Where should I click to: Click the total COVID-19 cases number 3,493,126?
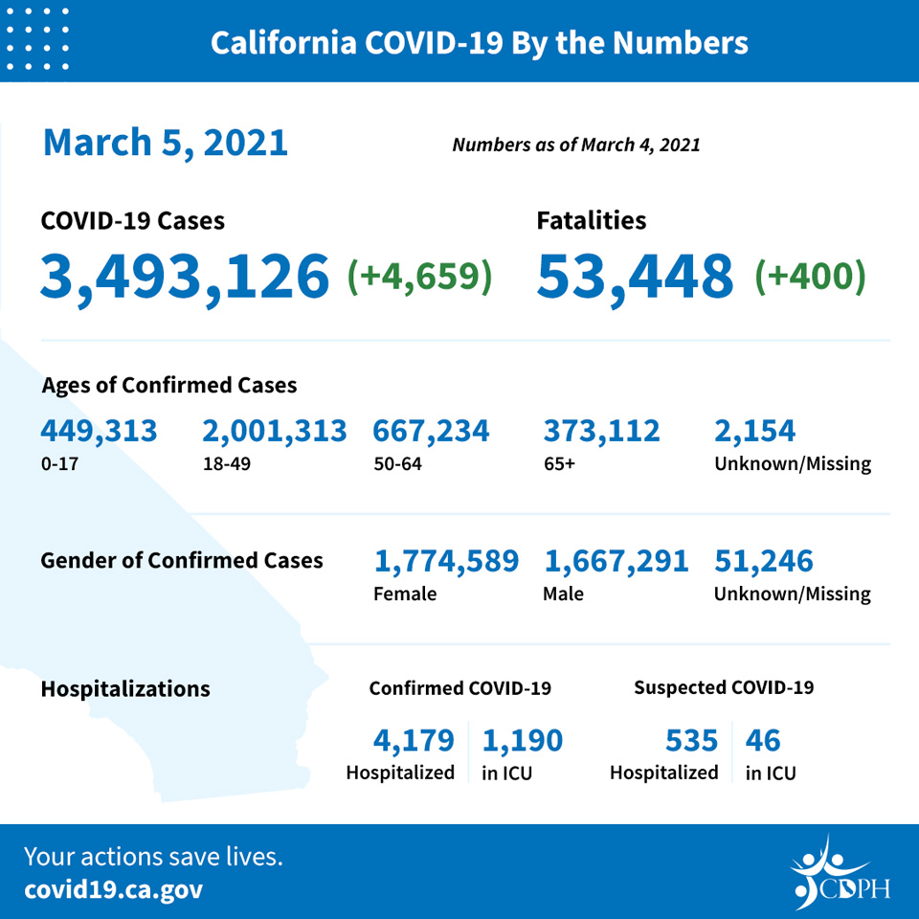[185, 276]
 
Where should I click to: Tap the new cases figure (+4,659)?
[419, 276]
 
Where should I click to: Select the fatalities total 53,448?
[635, 276]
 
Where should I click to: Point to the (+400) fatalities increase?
[811, 276]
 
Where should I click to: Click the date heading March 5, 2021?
[166, 143]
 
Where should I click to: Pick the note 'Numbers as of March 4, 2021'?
[576, 145]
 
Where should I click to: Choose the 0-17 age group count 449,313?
[99, 432]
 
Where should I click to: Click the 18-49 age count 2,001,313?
[275, 432]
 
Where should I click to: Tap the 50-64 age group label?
[397, 464]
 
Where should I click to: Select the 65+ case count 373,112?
[601, 432]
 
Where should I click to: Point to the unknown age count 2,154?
[755, 432]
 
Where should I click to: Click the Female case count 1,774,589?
[446, 562]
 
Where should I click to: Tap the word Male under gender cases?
[563, 594]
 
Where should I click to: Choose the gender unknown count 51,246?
[764, 562]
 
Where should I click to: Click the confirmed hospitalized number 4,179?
[414, 740]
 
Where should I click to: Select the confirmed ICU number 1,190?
[523, 740]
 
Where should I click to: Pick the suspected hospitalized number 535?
[691, 740]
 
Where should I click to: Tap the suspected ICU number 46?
[763, 740]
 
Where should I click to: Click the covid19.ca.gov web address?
[113, 889]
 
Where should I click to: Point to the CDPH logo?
[840, 873]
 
